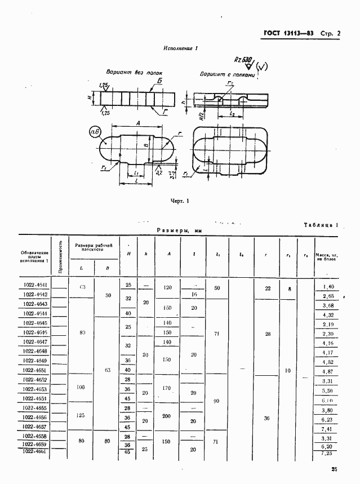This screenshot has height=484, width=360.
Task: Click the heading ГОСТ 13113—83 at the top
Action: tap(289, 33)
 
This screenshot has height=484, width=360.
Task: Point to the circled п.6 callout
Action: tap(95, 133)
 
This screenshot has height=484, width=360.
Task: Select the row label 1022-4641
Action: tap(35, 286)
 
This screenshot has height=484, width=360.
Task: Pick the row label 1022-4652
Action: tap(35, 380)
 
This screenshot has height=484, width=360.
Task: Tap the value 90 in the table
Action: tap(217, 401)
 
